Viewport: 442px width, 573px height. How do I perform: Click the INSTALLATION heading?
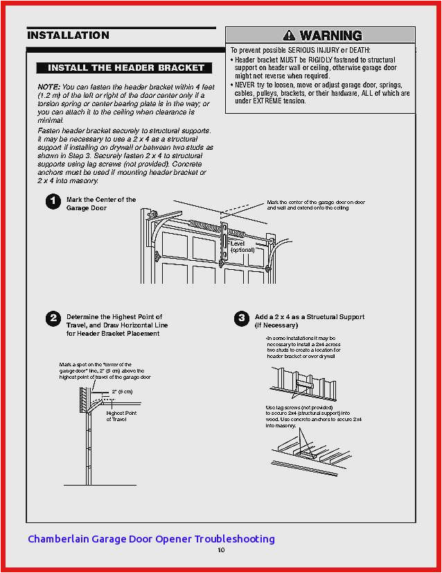point(68,35)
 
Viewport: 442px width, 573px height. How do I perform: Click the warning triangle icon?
point(288,35)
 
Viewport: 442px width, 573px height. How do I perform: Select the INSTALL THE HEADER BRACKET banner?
point(125,68)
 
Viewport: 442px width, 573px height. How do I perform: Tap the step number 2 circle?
point(53,319)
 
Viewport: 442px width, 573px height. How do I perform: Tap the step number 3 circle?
point(241,319)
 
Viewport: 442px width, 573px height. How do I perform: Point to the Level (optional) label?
point(242,247)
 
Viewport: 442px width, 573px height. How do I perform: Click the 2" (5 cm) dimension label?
point(122,392)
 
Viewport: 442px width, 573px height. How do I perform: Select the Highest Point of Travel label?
point(121,416)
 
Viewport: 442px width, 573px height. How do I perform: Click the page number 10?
point(221,550)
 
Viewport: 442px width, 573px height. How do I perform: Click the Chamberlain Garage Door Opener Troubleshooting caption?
point(151,539)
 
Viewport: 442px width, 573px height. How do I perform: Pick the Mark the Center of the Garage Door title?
point(101,204)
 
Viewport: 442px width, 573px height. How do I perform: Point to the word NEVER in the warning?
point(246,85)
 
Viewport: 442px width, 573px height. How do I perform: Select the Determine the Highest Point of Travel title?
point(116,325)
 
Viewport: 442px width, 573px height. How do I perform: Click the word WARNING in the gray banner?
point(330,35)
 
